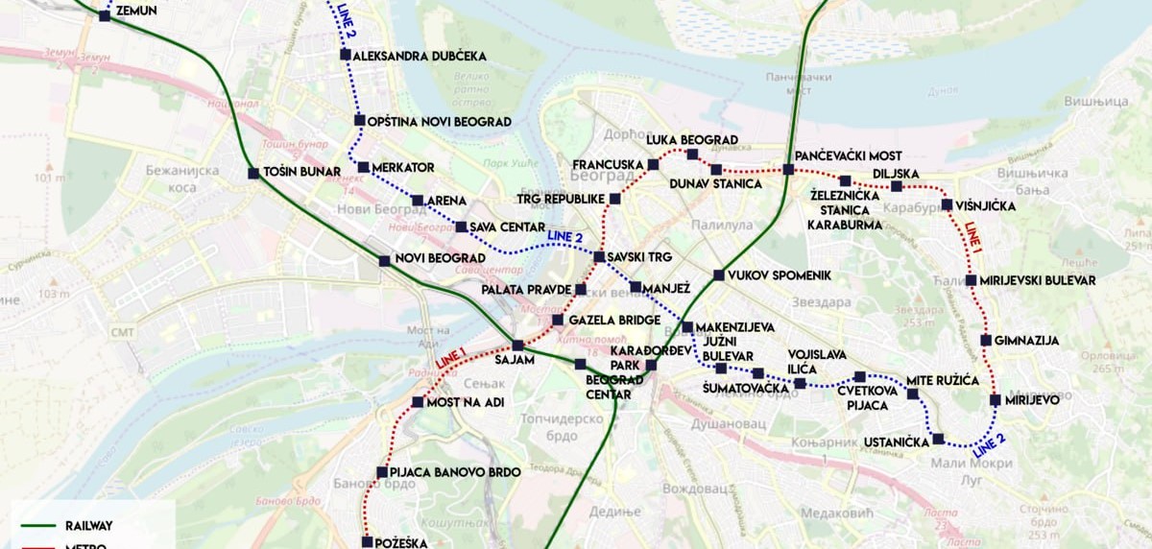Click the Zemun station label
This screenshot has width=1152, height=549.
click(135, 11)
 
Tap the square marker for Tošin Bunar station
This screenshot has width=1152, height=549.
click(253, 174)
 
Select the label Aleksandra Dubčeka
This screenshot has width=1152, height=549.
click(420, 56)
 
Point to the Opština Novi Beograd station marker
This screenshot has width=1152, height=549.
click(359, 121)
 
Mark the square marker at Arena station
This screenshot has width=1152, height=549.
click(417, 201)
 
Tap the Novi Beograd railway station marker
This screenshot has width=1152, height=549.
click(384, 260)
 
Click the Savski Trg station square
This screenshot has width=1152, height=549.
click(599, 257)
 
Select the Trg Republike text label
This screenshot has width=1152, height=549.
click(561, 200)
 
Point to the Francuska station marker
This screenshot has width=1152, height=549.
click(653, 165)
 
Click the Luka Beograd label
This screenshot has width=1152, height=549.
click(691, 140)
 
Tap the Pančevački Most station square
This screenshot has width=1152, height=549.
click(788, 170)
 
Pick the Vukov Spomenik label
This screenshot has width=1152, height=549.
click(779, 275)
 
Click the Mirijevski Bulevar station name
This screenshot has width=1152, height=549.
click(1038, 280)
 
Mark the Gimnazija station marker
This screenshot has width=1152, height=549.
click(986, 341)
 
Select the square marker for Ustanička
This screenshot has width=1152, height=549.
click(938, 439)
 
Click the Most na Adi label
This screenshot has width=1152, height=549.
click(466, 402)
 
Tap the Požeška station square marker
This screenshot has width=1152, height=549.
click(367, 542)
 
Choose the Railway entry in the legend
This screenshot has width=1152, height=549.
click(88, 526)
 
